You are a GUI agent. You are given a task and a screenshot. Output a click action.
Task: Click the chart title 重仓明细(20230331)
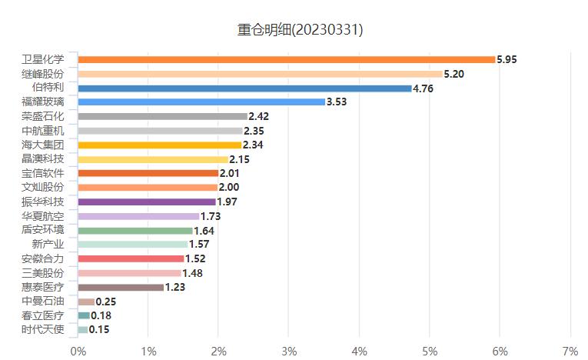pyautogui.click(x=300, y=30)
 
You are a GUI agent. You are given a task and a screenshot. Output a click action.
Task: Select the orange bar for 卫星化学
pyautogui.click(x=286, y=59)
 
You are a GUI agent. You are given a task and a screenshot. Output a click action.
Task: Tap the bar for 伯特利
pyautogui.click(x=244, y=88)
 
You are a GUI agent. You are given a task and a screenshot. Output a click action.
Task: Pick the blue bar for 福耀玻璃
pyautogui.click(x=201, y=102)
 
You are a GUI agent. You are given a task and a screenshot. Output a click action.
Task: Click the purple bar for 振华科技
pyautogui.click(x=147, y=202)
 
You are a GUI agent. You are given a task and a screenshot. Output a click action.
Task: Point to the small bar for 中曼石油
pyautogui.click(x=86, y=302)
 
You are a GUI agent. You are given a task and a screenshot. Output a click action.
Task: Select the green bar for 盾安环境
pyautogui.click(x=135, y=230)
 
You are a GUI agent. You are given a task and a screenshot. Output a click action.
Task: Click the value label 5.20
pyautogui.click(x=453, y=74)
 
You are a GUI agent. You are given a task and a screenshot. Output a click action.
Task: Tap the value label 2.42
pyautogui.click(x=259, y=116)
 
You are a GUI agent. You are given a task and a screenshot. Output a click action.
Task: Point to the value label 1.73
pyautogui.click(x=211, y=216)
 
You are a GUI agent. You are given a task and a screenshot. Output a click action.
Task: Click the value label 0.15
pyautogui.click(x=99, y=330)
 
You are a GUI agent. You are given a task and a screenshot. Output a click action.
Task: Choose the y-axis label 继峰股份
pyautogui.click(x=43, y=74)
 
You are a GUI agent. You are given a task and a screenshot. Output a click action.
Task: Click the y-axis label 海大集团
pyautogui.click(x=43, y=145)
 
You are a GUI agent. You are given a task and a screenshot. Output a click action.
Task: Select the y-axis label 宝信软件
pyautogui.click(x=43, y=173)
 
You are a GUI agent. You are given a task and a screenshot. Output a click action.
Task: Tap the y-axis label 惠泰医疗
pyautogui.click(x=43, y=287)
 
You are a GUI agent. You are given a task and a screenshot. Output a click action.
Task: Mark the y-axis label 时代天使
pyautogui.click(x=43, y=330)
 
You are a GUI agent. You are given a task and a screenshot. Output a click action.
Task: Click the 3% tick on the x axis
pyautogui.click(x=289, y=351)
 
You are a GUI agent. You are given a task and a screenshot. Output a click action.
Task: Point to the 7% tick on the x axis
pyautogui.click(x=570, y=351)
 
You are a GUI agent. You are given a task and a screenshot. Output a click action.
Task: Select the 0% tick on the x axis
pyautogui.click(x=78, y=351)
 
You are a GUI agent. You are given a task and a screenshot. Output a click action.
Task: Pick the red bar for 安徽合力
pyautogui.click(x=131, y=258)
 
